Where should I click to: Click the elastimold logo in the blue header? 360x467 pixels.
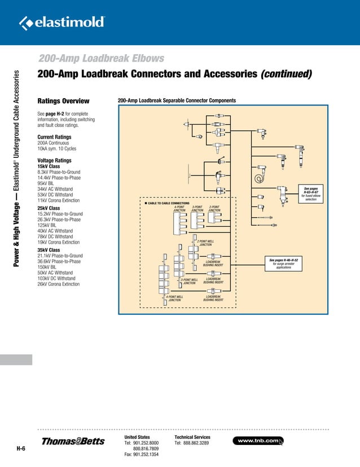[x=63, y=22]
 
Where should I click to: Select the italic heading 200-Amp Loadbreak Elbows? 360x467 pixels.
[x=100, y=58]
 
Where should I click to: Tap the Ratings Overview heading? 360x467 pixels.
[x=63, y=101]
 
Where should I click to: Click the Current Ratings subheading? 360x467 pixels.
[x=54, y=137]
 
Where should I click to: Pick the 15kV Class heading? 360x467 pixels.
[x=48, y=167]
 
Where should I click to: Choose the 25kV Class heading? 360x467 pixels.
[x=49, y=208]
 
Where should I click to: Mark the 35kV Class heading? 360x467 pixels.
[x=49, y=250]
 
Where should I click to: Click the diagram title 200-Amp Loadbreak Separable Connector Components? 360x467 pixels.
[x=176, y=101]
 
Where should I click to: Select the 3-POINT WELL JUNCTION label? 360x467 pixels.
[x=189, y=281]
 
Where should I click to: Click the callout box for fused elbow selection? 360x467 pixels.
[x=311, y=193]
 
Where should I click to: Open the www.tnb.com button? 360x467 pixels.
[x=258, y=440]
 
